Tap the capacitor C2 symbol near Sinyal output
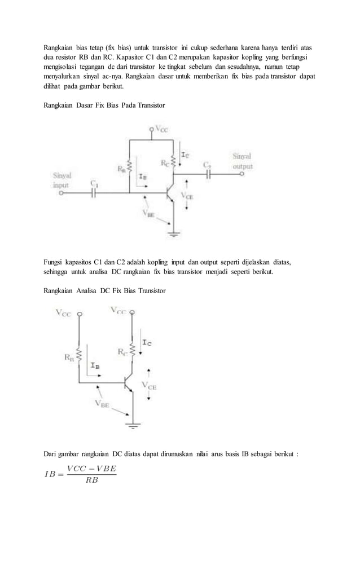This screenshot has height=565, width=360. coord(208,175)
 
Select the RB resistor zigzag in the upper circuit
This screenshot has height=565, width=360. coord(130,166)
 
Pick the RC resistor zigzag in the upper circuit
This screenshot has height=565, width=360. coord(174,162)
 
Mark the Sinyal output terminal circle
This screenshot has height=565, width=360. coord(243,175)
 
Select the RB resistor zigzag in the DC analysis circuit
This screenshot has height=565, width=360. coord(80,356)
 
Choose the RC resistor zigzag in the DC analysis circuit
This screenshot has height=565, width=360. coord(132,351)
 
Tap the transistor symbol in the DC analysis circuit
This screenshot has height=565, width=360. coord(129,383)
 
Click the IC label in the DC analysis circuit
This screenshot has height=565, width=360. coord(147,342)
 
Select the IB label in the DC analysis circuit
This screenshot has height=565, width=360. coord(95,365)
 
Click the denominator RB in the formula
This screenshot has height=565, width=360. coord(91,481)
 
